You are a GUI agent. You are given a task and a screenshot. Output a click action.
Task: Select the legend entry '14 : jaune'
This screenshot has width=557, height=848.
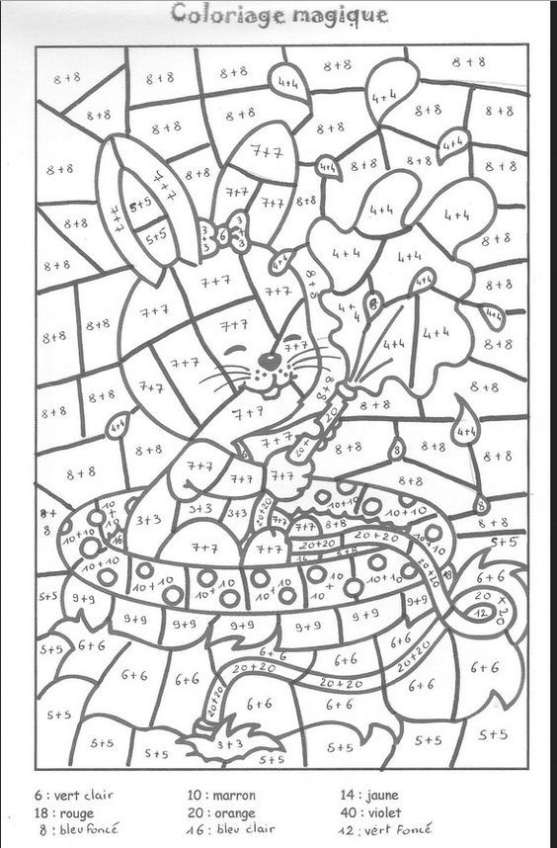(x=371, y=794)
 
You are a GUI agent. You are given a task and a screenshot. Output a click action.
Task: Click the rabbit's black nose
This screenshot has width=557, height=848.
(x=265, y=358)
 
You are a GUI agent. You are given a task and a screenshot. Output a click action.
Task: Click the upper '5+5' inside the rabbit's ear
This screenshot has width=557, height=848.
(x=139, y=203)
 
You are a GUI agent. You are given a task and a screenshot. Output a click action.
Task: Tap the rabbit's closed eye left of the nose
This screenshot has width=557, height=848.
(x=233, y=349)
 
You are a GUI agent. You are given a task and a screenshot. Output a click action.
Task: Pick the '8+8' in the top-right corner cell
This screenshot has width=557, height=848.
(x=469, y=61)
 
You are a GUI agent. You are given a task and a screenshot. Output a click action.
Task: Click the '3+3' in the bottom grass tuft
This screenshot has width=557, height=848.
(x=229, y=743)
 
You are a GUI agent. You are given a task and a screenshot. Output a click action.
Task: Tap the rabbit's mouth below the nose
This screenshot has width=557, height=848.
(x=265, y=374)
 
